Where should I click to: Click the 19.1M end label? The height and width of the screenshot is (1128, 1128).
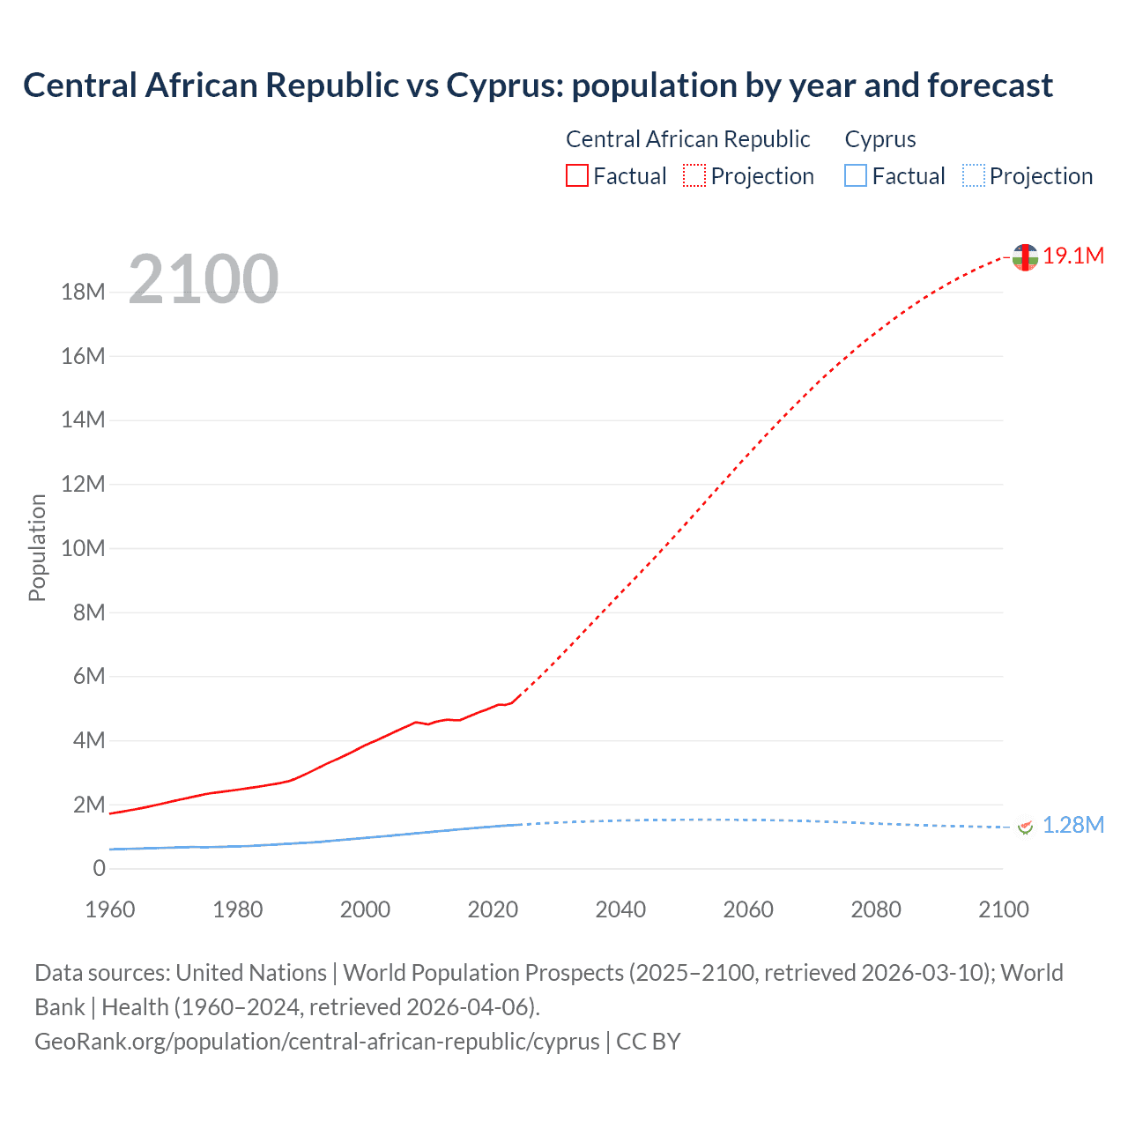tap(1072, 256)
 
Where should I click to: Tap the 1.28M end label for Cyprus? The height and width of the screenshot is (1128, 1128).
tap(1072, 825)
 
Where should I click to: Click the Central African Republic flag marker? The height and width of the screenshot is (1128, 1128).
tap(1025, 257)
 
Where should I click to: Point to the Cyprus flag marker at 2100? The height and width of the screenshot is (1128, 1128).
tap(1025, 827)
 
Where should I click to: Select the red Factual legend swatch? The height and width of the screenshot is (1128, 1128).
tap(577, 175)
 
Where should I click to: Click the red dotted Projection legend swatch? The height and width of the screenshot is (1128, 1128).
tap(694, 175)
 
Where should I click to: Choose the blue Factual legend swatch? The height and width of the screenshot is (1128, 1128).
tap(856, 175)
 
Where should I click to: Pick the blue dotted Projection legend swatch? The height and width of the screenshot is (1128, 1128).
tap(974, 175)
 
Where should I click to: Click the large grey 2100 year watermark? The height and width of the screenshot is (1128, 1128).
tap(204, 279)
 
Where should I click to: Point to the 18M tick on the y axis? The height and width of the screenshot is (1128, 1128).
tap(83, 292)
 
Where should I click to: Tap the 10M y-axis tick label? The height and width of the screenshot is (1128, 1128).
tap(83, 548)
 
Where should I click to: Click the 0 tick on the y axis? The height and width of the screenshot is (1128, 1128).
tap(99, 868)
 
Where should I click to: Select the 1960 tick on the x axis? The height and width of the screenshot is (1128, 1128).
tap(110, 909)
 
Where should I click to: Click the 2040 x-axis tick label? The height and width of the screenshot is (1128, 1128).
tap(620, 909)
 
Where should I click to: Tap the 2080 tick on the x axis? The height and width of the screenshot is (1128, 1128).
tap(876, 909)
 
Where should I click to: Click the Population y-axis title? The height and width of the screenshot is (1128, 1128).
tap(37, 547)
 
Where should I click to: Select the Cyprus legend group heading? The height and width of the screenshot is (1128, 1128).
tap(880, 139)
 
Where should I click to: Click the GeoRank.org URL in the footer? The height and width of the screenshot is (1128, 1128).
tap(316, 1041)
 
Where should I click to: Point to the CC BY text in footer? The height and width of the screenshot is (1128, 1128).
tap(649, 1041)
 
